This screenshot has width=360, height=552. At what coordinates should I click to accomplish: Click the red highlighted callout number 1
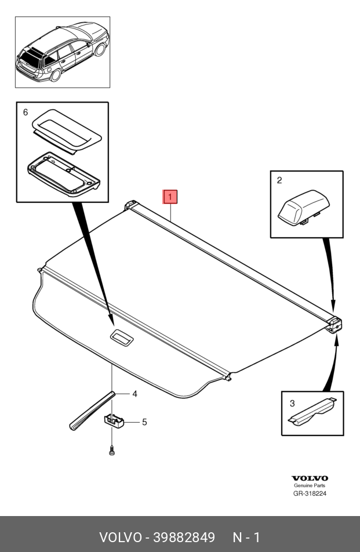(x=170, y=197)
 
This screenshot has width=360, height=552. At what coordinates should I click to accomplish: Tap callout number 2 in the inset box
(x=279, y=180)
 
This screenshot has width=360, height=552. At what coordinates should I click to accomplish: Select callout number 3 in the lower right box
(x=292, y=402)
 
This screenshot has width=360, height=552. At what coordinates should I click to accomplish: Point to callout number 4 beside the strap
(x=134, y=394)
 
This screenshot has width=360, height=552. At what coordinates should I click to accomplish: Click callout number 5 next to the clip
(x=144, y=422)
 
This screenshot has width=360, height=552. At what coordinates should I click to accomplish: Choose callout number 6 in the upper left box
(x=25, y=112)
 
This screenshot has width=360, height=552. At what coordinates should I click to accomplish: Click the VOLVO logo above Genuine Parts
(x=309, y=478)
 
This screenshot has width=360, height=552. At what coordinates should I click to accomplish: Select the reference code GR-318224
(x=310, y=494)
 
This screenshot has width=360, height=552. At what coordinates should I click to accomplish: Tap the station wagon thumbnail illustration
(x=63, y=52)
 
